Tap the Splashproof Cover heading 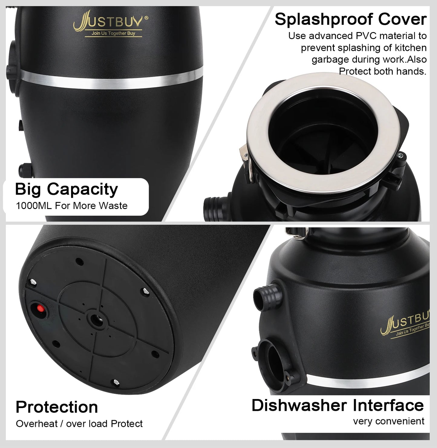(x=351, y=19)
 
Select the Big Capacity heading (x=66, y=189)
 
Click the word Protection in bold (x=57, y=407)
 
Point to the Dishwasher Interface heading (x=338, y=405)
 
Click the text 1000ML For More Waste (x=72, y=206)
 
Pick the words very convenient (x=389, y=421)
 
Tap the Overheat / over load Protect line (x=79, y=423)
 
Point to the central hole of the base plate (x=96, y=318)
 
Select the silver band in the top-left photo (x=112, y=78)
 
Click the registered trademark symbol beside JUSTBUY (x=147, y=18)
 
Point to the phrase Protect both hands (x=382, y=71)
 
